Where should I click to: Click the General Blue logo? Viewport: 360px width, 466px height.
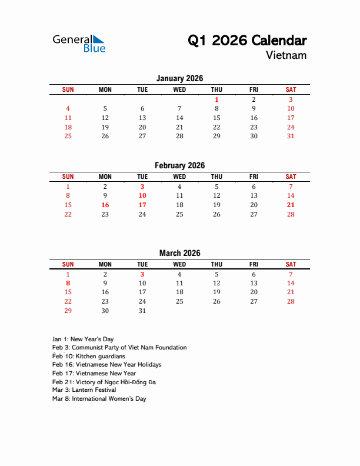point(79,43)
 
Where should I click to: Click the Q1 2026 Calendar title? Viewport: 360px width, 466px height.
point(247,41)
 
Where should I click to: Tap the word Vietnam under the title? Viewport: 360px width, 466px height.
point(286,55)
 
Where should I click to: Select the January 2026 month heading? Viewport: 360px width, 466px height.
point(180,78)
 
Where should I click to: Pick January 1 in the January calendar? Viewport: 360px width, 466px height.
point(216,99)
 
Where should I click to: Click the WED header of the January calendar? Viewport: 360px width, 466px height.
point(179,89)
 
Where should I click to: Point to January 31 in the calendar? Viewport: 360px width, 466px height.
point(291,136)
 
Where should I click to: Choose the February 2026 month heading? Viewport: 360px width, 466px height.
point(180,165)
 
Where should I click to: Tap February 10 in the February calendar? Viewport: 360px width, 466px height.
point(142,195)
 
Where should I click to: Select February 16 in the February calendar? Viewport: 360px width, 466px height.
point(105,205)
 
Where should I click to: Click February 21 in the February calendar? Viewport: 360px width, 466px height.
point(291,205)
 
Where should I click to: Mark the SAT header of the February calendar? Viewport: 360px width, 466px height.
point(291,177)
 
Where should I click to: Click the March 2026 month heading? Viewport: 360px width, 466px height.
point(180,253)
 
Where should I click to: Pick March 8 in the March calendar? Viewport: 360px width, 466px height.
point(68,283)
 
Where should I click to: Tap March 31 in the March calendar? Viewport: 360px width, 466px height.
point(142,311)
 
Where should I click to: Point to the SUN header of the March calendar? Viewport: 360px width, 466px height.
point(68,264)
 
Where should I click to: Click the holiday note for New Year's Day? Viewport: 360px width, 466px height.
point(83,339)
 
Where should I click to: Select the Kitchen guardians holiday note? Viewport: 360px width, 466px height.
point(89,356)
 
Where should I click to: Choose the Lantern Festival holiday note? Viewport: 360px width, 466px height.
point(84,390)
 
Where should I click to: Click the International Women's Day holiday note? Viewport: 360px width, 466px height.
point(99,398)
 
